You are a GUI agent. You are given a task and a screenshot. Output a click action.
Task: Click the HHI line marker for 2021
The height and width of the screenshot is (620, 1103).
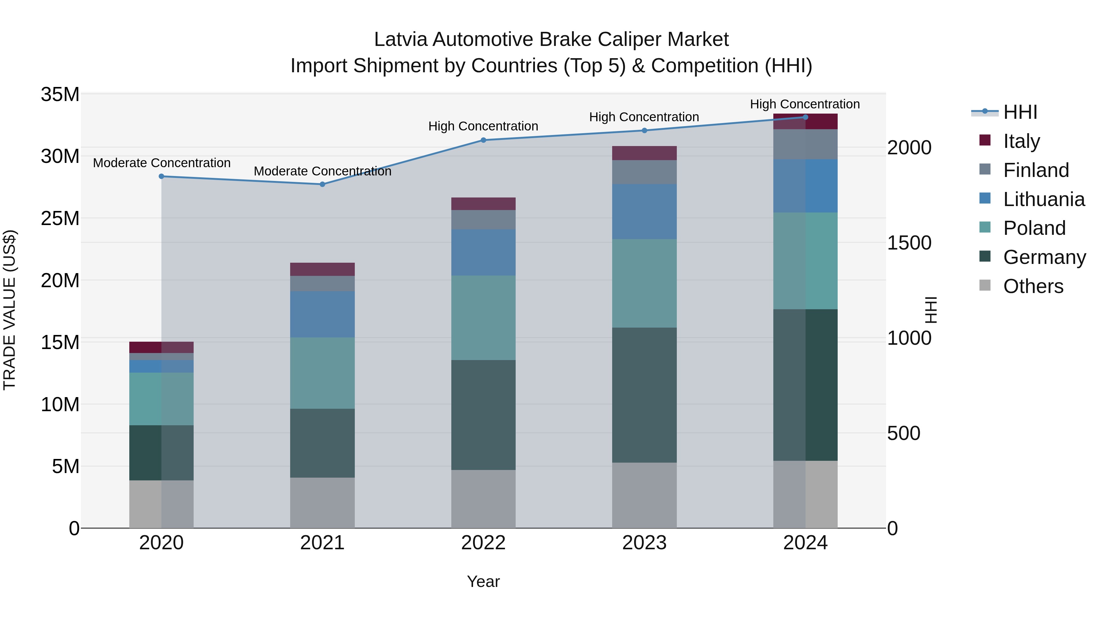coord(322,184)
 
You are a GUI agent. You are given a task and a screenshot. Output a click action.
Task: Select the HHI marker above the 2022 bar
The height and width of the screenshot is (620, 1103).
coord(483,140)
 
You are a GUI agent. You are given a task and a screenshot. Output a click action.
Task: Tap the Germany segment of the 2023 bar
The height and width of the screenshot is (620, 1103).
coord(644,395)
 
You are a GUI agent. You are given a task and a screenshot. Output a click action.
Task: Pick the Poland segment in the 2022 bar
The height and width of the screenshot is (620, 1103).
coord(483,318)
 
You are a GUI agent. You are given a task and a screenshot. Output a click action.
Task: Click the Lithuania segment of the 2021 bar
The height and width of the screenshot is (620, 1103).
coord(322,314)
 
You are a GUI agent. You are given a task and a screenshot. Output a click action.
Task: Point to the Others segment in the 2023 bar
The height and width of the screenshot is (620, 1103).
coord(644,495)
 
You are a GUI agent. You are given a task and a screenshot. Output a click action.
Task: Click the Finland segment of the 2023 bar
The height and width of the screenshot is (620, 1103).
coord(644,172)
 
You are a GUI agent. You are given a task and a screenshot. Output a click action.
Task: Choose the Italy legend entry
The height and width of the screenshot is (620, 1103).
coord(1021,141)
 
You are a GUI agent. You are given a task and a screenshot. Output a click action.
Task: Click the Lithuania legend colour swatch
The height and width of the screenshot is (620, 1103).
coord(985,198)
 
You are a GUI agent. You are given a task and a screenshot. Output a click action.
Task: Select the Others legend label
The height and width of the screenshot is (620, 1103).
coord(1033,286)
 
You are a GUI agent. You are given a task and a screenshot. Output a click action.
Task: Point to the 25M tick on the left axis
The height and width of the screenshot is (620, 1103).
coord(60,218)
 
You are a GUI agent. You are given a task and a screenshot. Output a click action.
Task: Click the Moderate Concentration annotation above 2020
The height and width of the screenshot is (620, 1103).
coord(161,163)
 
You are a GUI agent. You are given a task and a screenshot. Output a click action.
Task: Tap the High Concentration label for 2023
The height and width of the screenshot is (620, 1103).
coord(644,117)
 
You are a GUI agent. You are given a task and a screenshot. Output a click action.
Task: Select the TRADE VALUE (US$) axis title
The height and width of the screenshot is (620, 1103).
coord(9,310)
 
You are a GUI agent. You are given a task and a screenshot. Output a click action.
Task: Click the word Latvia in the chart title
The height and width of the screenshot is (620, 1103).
coord(401,39)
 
